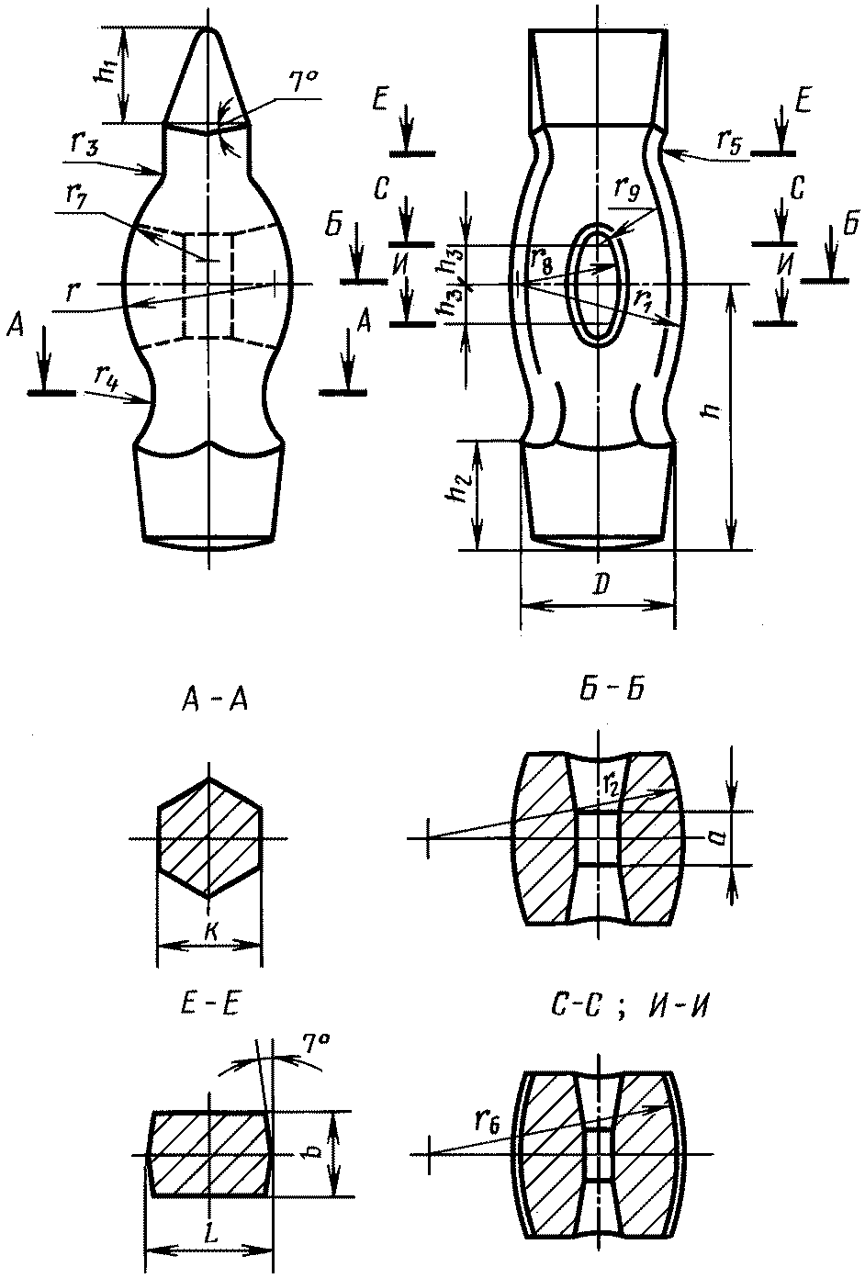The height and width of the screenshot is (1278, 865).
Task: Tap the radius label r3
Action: coord(84,145)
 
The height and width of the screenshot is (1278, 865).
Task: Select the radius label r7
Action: coord(78,196)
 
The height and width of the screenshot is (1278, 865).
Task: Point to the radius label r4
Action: coord(107,376)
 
